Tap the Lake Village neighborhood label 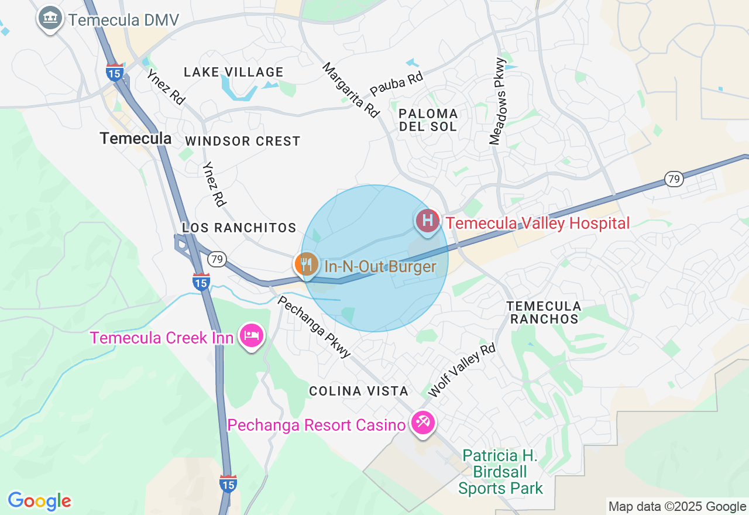[x=233, y=73]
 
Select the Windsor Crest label [x=242, y=142]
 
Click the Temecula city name [x=135, y=139]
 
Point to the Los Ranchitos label [x=239, y=228]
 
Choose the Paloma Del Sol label [x=428, y=120]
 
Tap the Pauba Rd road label [x=396, y=85]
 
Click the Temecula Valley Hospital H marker [x=428, y=221]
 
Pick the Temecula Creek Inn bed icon [x=252, y=336]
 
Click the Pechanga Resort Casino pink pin [x=422, y=423]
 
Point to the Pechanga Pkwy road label [x=314, y=327]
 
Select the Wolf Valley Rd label [x=462, y=370]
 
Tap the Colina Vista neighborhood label [x=359, y=392]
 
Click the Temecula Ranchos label [x=544, y=313]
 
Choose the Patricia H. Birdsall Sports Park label [x=500, y=472]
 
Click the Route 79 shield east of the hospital [x=675, y=179]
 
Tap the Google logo [x=39, y=502]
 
